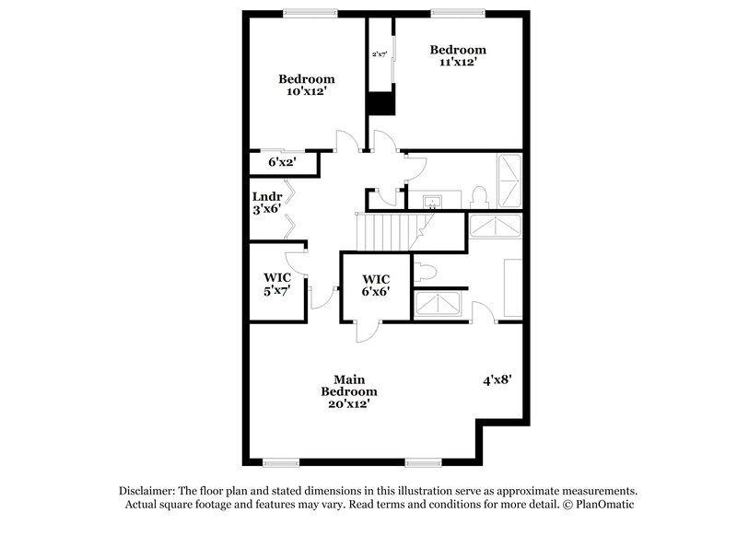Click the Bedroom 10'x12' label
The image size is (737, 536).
pos(307,86)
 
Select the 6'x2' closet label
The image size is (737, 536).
pos(281,162)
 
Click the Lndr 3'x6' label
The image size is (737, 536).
pos(266,203)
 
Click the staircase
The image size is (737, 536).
pos(383,231)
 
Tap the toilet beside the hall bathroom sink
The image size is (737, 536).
pos(478,196)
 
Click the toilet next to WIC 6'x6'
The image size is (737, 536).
pos(425,272)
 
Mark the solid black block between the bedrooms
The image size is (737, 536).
pos(380,102)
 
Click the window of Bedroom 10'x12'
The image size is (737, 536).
pos(309,13)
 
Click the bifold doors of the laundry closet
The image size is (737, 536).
pos(290,205)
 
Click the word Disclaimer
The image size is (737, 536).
pos(147,492)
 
